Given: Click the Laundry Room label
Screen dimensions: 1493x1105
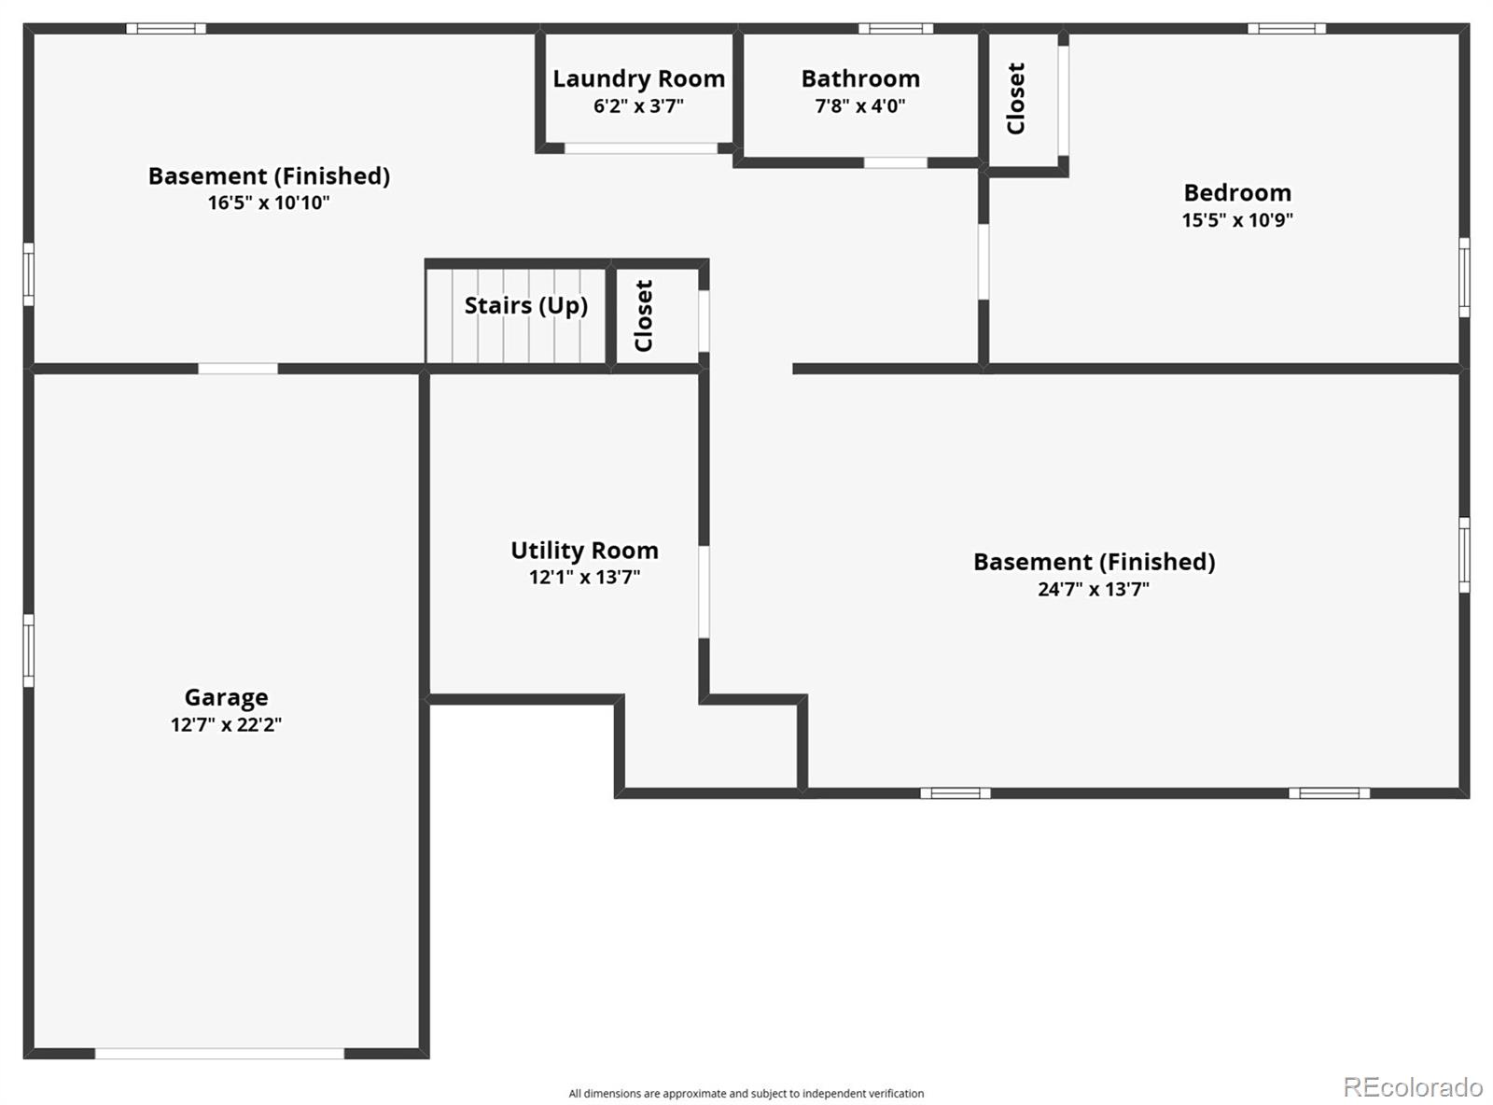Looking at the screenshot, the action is (x=638, y=78).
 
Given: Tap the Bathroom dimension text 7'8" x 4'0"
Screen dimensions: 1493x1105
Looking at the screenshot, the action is (x=859, y=105).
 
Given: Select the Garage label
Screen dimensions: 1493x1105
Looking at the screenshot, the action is (x=226, y=697).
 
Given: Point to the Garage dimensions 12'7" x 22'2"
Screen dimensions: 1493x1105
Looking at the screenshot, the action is (x=226, y=724).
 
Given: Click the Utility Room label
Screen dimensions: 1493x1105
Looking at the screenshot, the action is (x=584, y=550).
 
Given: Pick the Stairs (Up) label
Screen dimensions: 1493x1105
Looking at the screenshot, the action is (x=525, y=306).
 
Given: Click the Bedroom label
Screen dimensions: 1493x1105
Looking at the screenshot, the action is (x=1237, y=193).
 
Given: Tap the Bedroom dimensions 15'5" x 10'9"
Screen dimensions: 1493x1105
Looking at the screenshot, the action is (x=1237, y=220).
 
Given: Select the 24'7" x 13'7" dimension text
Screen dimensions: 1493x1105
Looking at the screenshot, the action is (x=1094, y=589).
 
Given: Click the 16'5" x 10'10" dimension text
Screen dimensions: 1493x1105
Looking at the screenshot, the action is (x=269, y=203).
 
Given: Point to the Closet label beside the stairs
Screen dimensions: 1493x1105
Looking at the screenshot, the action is (x=644, y=315).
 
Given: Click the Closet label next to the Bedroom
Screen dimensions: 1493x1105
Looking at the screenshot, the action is (x=1016, y=98).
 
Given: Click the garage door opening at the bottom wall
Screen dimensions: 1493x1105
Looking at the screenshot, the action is (x=219, y=1054).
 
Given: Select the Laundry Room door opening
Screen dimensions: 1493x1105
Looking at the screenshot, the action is (x=641, y=148).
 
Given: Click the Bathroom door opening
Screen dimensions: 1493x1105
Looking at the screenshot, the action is (x=895, y=163).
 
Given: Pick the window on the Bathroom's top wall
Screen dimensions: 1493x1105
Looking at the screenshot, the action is (x=895, y=28).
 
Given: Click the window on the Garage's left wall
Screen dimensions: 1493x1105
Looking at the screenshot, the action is (x=28, y=650).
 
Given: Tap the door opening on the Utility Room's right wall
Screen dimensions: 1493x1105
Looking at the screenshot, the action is (x=704, y=592).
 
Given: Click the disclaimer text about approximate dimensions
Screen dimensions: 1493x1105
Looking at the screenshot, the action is (x=746, y=1094).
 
